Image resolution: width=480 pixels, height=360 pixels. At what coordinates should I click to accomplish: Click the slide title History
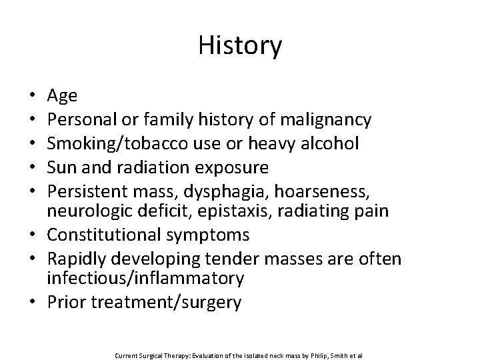pyautogui.click(x=240, y=45)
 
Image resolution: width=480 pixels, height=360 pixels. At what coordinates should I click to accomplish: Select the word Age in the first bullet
pyautogui.click(x=63, y=96)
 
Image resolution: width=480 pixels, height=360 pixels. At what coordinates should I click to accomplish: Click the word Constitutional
pyautogui.click(x=107, y=234)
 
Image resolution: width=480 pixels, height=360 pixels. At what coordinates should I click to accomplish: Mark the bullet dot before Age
pyautogui.click(x=33, y=97)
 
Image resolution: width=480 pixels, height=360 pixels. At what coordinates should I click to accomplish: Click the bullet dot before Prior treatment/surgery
pyautogui.click(x=33, y=302)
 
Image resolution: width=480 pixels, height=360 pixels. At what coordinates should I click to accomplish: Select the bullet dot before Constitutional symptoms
pyautogui.click(x=33, y=235)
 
